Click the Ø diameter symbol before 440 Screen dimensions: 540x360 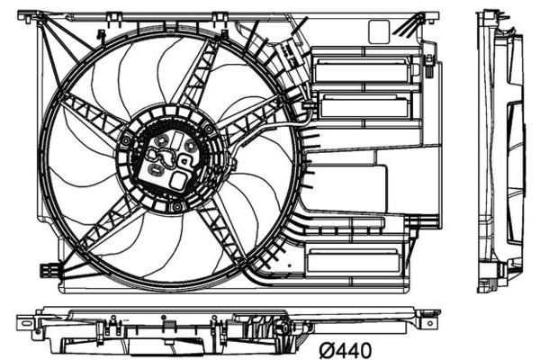[328, 350]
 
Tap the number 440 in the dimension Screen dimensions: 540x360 [355, 350]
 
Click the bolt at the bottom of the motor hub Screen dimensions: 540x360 [177, 207]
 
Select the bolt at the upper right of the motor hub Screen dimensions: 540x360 [209, 129]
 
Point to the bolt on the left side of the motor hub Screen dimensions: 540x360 [126, 140]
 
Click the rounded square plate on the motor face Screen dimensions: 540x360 [178, 180]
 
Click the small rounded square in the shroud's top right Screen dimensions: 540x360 [379, 32]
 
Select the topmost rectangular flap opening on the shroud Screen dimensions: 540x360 [363, 70]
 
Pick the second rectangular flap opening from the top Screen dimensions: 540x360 [365, 107]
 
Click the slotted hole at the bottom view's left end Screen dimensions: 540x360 [27, 323]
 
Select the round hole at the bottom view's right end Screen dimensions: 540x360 [430, 323]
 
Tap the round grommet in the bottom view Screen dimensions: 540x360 [281, 326]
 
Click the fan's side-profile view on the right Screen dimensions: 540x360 [500, 151]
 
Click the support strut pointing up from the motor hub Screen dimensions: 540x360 [200, 73]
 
